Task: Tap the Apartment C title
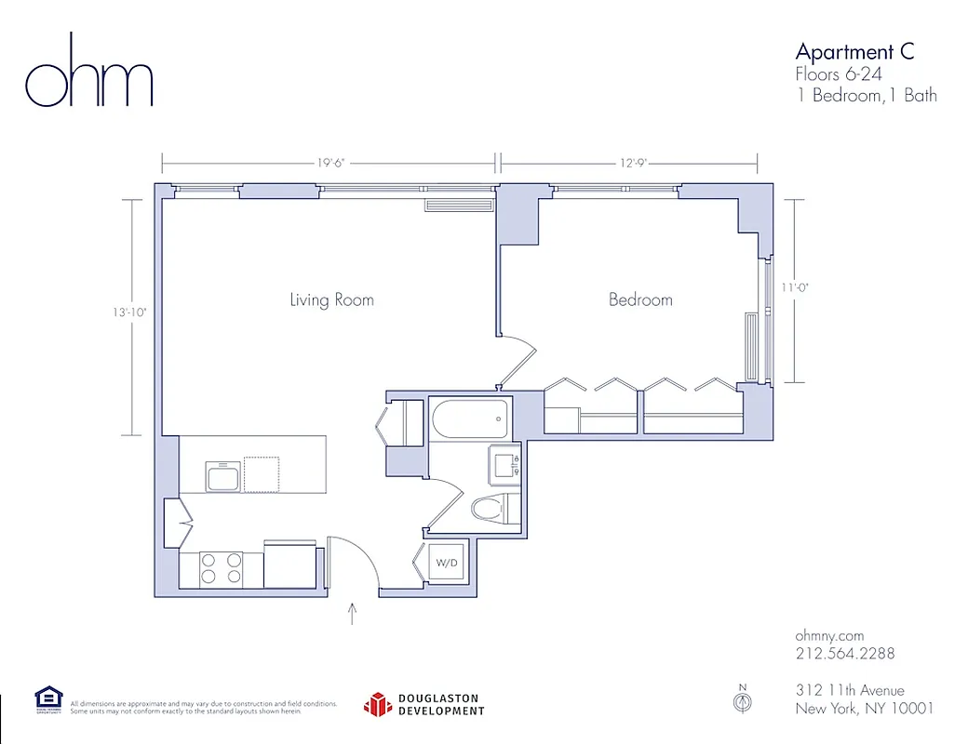854,51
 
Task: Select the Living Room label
331,299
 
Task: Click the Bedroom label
640,299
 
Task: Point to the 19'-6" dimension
330,163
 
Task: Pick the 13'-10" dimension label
130,313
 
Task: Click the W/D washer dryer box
448,564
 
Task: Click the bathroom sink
505,461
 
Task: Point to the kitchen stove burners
222,568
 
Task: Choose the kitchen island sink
224,478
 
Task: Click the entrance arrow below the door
353,614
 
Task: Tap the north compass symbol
742,702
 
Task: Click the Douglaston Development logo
423,704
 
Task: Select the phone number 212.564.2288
844,653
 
